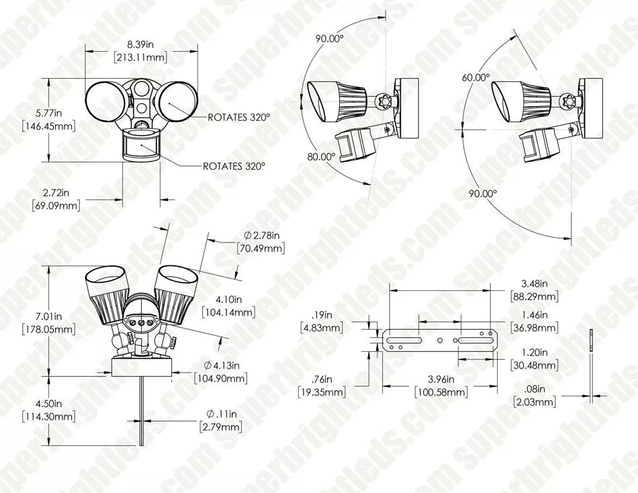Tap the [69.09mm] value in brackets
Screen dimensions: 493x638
[56, 206]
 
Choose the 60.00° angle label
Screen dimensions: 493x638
[475, 77]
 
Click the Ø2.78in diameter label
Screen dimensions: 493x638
[262, 235]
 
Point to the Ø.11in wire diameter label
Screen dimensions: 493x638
[220, 414]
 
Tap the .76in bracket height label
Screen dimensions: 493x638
[323, 380]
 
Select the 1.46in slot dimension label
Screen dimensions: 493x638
[535, 315]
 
